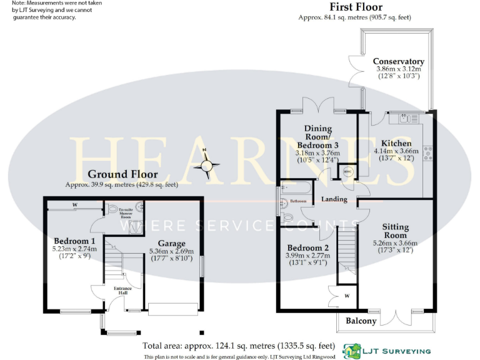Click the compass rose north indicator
[x=206, y=165]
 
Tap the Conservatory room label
[x=398, y=61]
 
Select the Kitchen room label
[x=392, y=143]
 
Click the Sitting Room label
[x=395, y=231]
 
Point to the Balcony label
[x=362, y=321]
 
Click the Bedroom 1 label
[x=74, y=241]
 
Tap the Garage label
[x=171, y=243]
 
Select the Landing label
[x=334, y=199]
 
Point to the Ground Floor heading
[x=122, y=174]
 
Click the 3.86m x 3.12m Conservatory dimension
[x=398, y=69]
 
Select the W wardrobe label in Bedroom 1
[x=74, y=204]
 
